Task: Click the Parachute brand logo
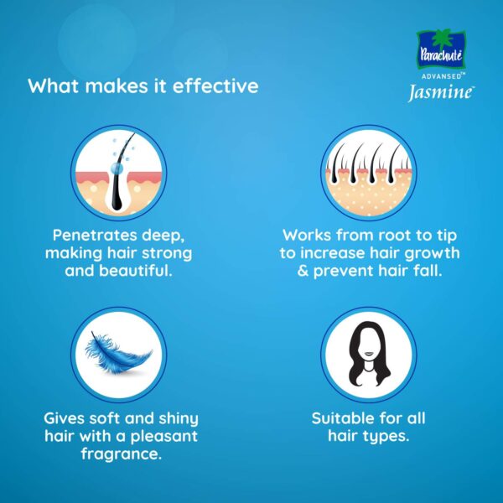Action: coord(441,49)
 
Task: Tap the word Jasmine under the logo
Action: coord(441,93)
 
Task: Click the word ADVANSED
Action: coord(441,76)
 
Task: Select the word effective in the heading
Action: coord(215,86)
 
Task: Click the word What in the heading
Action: coord(54,86)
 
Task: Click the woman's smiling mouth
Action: coord(369,354)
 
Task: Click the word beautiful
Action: coord(135,271)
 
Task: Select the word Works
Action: coord(307,235)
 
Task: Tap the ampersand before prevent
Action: coord(303,271)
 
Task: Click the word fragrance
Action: coord(122,454)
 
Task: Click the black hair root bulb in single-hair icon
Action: coord(117,205)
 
